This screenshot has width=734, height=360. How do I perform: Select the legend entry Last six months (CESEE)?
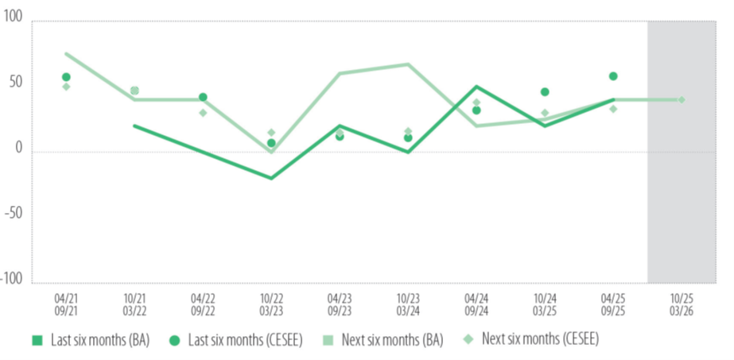coord(227,340)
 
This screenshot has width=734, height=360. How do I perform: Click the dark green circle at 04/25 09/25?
coord(613,76)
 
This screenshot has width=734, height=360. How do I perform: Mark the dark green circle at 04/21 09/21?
coord(66,77)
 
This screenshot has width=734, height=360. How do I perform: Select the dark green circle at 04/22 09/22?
coord(203,97)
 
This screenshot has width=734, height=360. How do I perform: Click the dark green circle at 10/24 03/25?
coord(545,92)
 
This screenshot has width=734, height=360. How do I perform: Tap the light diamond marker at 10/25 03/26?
coord(682,99)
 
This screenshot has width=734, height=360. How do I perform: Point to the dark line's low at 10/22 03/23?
coord(271,178)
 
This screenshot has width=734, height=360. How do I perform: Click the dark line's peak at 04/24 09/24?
coord(476,86)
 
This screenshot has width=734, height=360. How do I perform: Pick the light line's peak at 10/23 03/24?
coord(408,64)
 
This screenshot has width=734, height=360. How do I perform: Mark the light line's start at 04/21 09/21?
coord(66,53)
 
